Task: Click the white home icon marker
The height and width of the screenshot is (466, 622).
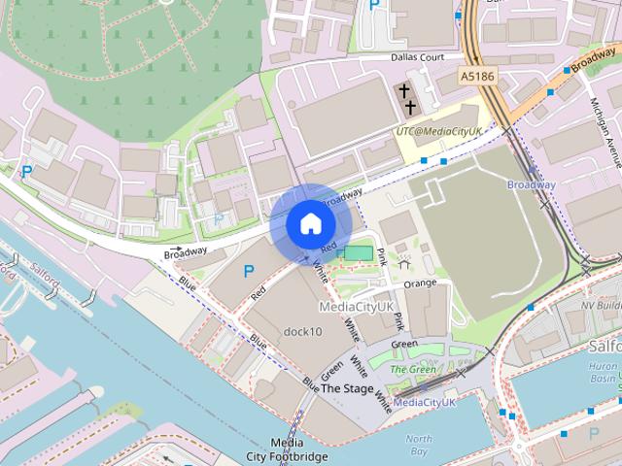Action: pyautogui.click(x=310, y=224)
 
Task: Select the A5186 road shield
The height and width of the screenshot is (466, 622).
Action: pyautogui.click(x=478, y=75)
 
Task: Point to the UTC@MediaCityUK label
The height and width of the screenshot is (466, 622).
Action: pyautogui.click(x=441, y=129)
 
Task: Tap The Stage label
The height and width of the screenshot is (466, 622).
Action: pyautogui.click(x=347, y=388)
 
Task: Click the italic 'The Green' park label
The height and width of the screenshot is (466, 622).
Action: pyautogui.click(x=413, y=369)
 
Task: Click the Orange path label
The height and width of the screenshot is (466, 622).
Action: pyautogui.click(x=420, y=283)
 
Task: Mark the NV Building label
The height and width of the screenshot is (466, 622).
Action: pyautogui.click(x=601, y=304)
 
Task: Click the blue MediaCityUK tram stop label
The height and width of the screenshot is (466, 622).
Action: pyautogui.click(x=425, y=402)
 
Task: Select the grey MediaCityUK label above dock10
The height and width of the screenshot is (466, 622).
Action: pyautogui.click(x=357, y=306)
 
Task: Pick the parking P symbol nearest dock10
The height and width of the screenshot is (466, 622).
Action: pyautogui.click(x=249, y=271)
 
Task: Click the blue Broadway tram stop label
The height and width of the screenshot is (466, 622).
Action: pyautogui.click(x=532, y=184)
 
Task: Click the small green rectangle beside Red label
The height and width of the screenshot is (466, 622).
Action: pyautogui.click(x=358, y=252)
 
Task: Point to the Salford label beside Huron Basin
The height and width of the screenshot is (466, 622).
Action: pyautogui.click(x=605, y=345)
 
